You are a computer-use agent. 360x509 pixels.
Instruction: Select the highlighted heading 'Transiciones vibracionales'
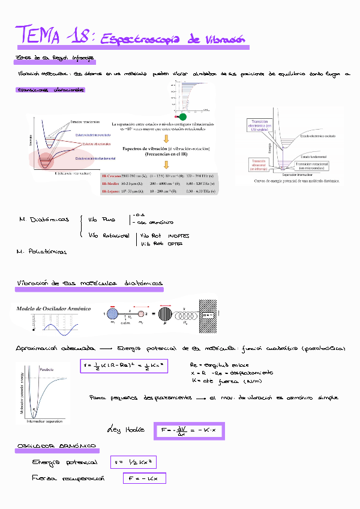[x=51, y=91]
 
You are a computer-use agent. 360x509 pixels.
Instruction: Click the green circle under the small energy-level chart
[x=182, y=116]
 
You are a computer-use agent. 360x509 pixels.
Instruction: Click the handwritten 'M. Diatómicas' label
[x=43, y=220]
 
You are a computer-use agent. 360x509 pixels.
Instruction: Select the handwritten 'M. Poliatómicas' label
[x=41, y=251]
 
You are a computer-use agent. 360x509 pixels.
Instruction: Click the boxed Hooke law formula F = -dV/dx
[x=188, y=430]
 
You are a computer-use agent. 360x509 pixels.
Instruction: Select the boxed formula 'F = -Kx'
[x=143, y=478]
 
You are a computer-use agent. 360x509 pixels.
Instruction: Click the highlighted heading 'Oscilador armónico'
[x=57, y=447]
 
